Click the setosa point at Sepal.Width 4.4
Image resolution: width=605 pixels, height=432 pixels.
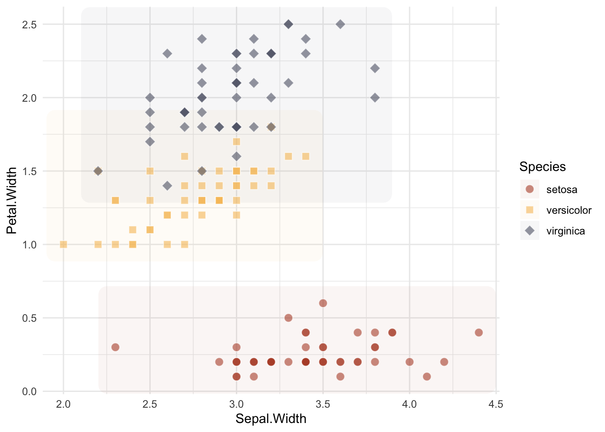point(479,333)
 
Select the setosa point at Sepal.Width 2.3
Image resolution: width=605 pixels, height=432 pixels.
point(115,347)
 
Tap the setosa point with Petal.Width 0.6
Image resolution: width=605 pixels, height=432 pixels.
point(323,303)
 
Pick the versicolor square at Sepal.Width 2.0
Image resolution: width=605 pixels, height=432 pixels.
point(63,244)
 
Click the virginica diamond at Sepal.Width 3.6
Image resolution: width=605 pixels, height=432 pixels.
point(340,24)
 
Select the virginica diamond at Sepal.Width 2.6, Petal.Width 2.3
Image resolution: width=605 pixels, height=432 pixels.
point(167,54)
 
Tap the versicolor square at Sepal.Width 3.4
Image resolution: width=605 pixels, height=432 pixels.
point(306,157)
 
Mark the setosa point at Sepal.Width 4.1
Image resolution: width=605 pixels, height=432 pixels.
point(427,377)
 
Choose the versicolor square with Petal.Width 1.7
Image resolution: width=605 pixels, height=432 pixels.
point(236,142)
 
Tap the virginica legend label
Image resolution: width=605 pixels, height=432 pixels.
point(565,231)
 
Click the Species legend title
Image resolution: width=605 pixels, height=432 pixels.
point(542,167)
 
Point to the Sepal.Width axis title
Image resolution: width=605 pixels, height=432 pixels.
point(271,419)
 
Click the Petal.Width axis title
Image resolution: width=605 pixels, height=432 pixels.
point(12,201)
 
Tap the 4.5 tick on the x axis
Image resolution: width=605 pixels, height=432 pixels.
point(496,404)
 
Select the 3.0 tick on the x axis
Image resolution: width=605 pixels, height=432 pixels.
point(236,404)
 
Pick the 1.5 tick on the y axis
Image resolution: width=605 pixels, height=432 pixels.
point(29,171)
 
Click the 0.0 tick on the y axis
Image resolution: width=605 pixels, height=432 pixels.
point(29,391)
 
